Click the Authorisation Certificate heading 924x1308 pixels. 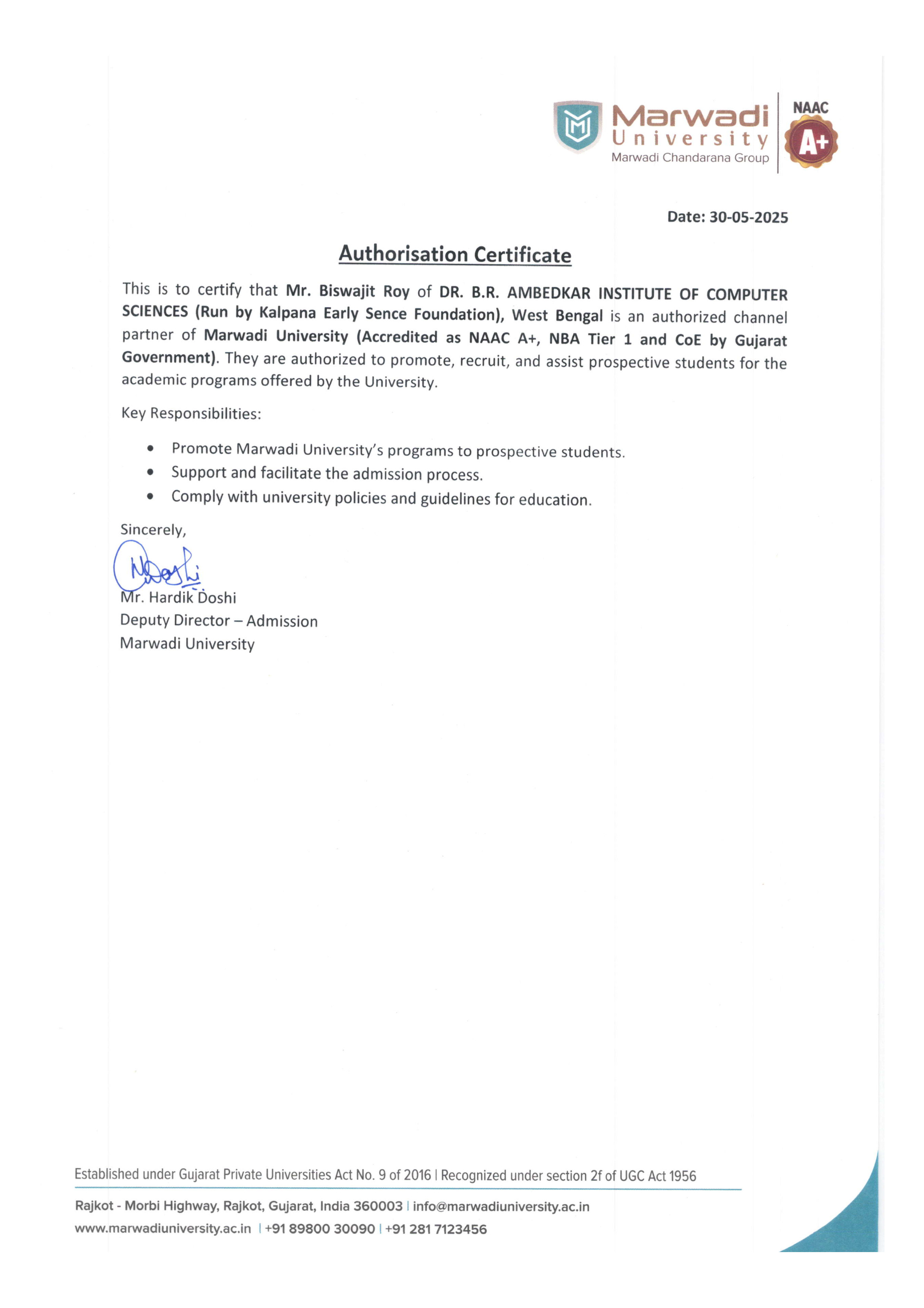pos(455,254)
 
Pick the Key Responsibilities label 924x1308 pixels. pos(191,413)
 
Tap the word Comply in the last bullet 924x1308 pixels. pos(197,497)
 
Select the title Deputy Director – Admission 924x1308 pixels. pos(219,620)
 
